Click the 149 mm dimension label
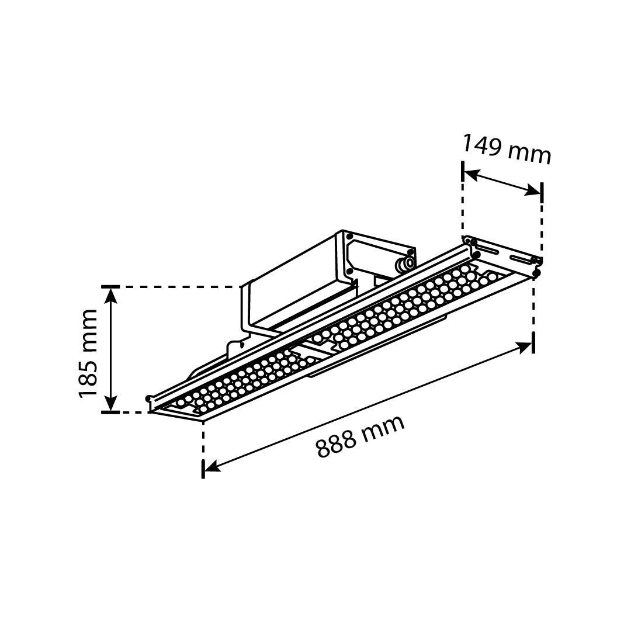[506, 150]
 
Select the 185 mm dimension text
[88, 354]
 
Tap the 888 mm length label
[360, 436]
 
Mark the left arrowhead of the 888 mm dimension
[212, 466]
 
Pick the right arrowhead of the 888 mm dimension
[524, 347]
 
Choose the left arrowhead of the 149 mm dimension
[471, 175]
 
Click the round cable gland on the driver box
[405, 264]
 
